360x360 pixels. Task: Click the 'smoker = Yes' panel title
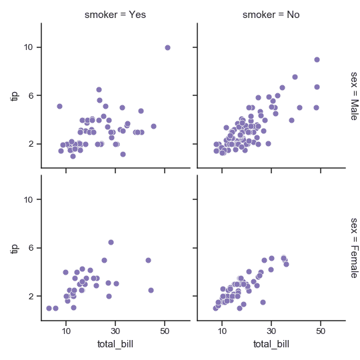point(115,14)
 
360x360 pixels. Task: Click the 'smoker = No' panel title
point(271,14)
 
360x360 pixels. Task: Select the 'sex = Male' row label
point(353,95)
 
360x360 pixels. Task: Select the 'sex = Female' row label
point(353,247)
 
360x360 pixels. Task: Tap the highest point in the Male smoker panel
point(167,47)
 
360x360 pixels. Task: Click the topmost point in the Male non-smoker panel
point(317,59)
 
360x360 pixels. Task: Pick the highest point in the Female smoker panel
point(111,242)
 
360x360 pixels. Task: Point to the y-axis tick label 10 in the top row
point(29,47)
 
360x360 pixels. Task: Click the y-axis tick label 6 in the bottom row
point(31,248)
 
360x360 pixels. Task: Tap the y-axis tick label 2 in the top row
point(31,144)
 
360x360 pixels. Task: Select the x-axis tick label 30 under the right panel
point(271,331)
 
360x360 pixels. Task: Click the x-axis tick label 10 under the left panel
point(66,331)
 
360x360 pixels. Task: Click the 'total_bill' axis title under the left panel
point(115,344)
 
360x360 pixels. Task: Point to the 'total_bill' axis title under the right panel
point(271,344)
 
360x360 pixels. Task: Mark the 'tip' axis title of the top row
point(15,95)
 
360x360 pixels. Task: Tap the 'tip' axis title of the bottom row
point(15,247)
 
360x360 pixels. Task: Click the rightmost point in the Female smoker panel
point(151,290)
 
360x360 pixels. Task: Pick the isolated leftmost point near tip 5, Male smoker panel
point(59,106)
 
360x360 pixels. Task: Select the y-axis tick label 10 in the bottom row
point(29,199)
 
